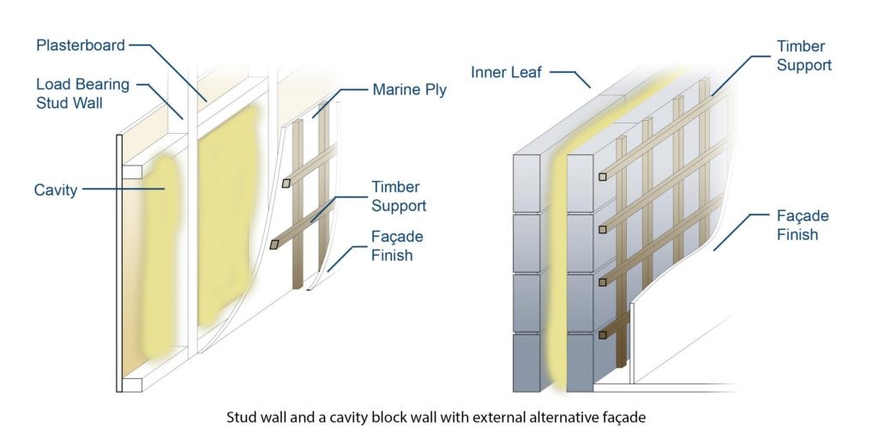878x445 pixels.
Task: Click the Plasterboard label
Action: tap(81, 45)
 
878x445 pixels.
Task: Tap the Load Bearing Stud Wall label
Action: tap(82, 94)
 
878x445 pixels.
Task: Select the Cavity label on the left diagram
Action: tap(55, 190)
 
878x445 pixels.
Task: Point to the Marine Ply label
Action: tap(409, 89)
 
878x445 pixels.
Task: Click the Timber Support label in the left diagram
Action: tap(398, 196)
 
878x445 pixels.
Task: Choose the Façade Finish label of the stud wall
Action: tap(397, 246)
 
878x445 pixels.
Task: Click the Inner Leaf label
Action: tap(506, 72)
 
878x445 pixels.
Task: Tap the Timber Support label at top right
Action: tap(803, 56)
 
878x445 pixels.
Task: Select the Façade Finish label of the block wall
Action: tap(803, 225)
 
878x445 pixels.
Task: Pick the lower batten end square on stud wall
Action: tap(274, 244)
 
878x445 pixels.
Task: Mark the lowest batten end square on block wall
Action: tap(604, 334)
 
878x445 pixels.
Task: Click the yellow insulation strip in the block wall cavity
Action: tap(558, 257)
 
